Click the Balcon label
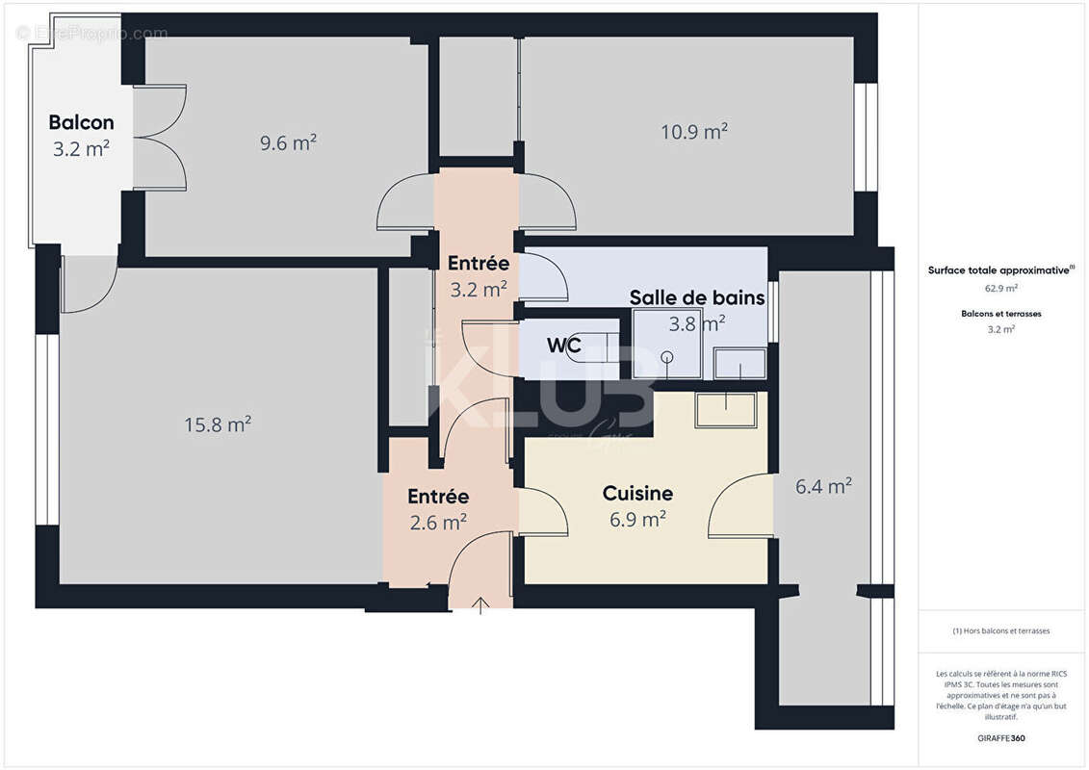pos(81,122)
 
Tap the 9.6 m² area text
pos(288,142)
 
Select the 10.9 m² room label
pos(693,132)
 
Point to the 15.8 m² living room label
pos(218,423)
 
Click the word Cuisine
pos(637,494)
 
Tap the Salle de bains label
pos(697,297)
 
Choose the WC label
pos(563,344)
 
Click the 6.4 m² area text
pos(823,487)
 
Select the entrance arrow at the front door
pos(481,604)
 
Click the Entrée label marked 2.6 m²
pos(438,497)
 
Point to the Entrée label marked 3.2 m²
pos(479,263)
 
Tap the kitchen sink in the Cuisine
pos(726,409)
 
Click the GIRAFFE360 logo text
pos(1001,738)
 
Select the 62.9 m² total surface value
pos(1001,288)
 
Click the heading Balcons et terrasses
pos(1001,314)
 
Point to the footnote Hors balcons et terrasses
pos(1001,631)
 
